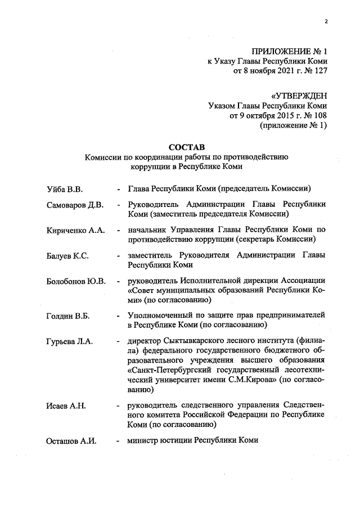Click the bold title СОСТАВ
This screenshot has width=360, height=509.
pos(186,147)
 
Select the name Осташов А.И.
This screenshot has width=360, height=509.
pos(71,440)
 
